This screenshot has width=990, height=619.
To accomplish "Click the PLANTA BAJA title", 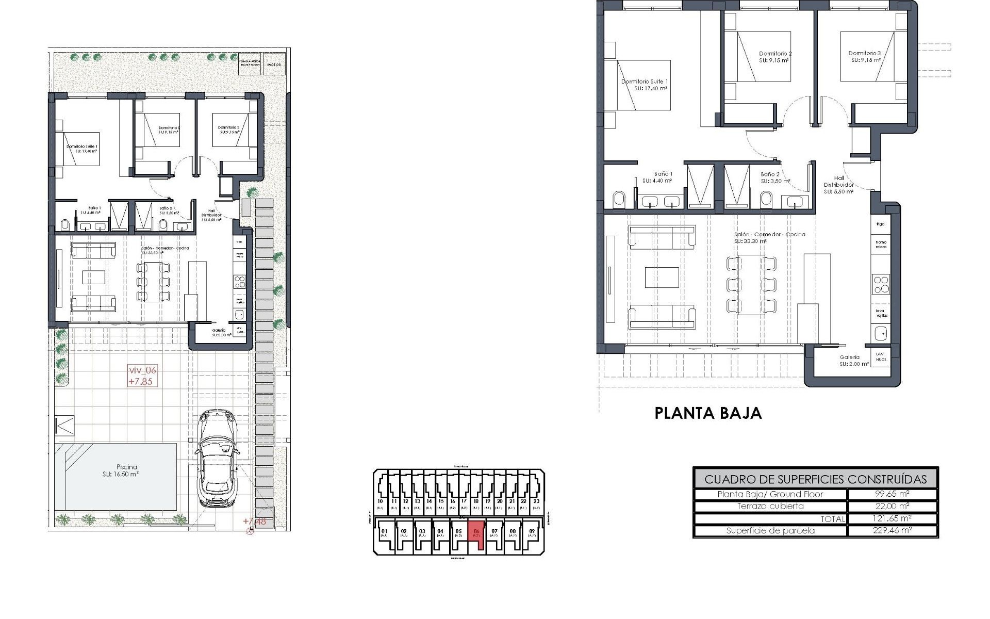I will point(707,413).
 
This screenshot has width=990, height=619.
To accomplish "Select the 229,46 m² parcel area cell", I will point(892,530).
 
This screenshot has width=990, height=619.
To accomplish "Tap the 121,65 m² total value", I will point(892,518).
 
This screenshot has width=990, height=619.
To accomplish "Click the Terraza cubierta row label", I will point(770,506).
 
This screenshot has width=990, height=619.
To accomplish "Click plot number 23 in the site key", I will point(536,501).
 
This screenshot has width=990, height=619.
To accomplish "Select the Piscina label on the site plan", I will point(127,467).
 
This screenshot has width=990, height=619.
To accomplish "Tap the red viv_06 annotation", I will point(142,370).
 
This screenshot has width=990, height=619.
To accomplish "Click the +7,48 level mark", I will point(254,522).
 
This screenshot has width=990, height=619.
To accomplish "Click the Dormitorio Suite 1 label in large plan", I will point(645,82).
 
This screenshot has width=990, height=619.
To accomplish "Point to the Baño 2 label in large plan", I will point(770,174).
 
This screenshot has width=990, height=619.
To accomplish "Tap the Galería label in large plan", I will point(849,357).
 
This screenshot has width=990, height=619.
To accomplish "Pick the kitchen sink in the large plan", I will point(881,334).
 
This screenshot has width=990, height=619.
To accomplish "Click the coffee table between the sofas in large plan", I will point(662,277).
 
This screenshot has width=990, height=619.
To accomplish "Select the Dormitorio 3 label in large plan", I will point(864,53).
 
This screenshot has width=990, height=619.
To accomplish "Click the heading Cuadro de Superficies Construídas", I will point(815,479).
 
